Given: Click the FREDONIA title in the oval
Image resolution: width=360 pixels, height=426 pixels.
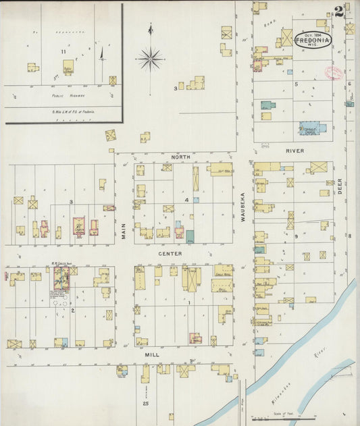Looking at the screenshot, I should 312,40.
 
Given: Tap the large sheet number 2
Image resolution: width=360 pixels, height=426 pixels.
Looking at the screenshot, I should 338,11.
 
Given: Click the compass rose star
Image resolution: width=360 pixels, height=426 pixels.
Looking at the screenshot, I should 150,59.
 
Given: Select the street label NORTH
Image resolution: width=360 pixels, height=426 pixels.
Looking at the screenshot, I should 180,157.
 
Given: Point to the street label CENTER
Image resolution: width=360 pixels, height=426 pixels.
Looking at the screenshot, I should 170,254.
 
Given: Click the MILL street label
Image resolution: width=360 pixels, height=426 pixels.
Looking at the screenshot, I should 151,352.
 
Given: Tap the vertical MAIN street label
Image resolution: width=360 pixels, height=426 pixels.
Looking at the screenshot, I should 124,232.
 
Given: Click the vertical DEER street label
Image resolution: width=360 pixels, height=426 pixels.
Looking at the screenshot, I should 340,186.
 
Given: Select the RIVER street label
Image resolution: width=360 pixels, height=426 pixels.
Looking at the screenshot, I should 296,151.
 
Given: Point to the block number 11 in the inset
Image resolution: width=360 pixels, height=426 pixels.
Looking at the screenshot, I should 63,51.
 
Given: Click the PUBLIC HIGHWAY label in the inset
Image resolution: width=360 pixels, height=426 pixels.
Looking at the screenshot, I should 61,96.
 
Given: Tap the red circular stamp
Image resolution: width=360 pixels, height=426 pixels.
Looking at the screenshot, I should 334,73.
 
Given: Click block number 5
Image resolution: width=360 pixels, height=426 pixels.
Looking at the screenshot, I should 297,84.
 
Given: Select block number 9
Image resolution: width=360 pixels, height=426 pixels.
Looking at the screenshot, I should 296,236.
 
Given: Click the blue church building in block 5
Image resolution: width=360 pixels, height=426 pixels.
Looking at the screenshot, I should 312,127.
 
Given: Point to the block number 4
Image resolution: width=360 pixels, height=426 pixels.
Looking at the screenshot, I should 186,201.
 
